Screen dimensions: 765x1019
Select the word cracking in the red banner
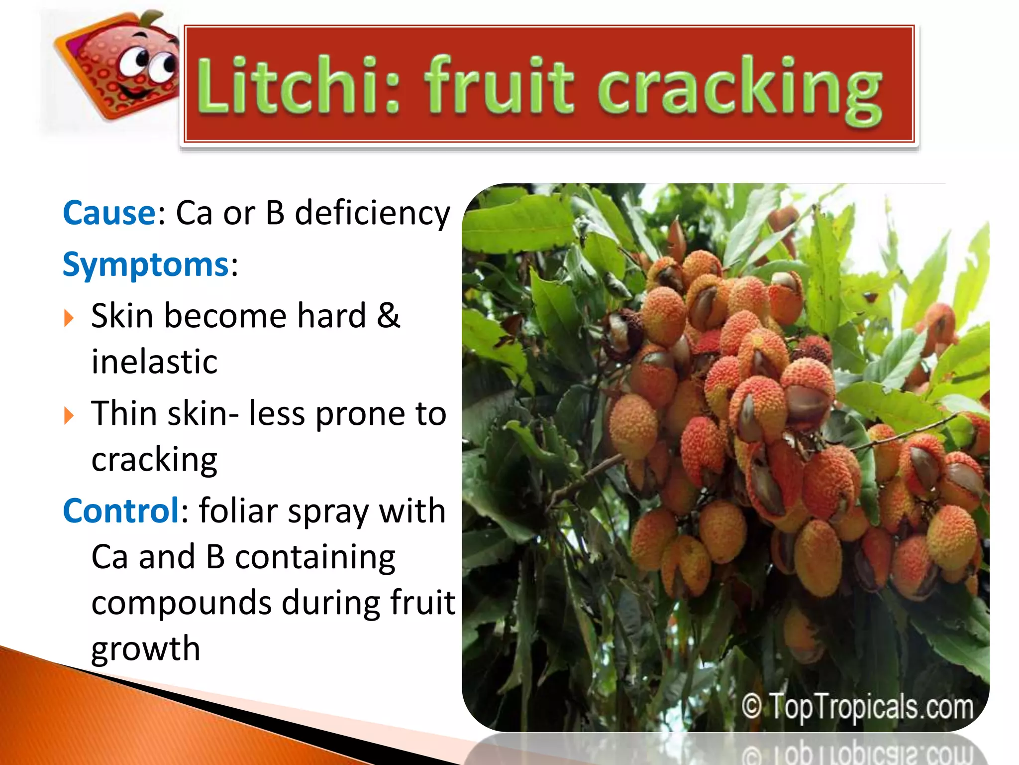click(x=739, y=90)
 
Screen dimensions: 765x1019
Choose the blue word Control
click(x=121, y=511)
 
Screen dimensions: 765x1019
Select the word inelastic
click(x=154, y=362)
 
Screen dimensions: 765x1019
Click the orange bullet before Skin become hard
click(x=69, y=318)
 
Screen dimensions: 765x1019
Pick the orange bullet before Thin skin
click(x=69, y=415)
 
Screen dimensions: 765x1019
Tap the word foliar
click(x=238, y=511)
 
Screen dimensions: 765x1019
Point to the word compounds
click(x=182, y=603)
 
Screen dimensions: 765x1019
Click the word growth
click(x=146, y=648)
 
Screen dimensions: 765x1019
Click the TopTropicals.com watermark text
click(x=871, y=706)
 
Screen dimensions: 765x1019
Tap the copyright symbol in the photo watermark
click(x=752, y=706)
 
